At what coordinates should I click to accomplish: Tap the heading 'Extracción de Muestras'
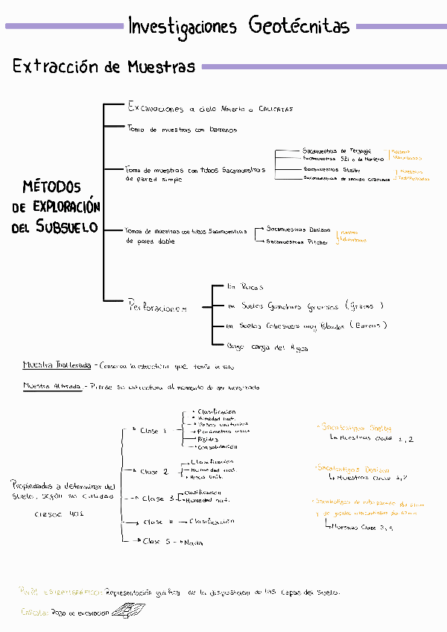point(104,67)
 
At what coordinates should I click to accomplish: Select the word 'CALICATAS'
point(276,109)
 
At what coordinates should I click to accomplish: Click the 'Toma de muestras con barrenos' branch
point(183,130)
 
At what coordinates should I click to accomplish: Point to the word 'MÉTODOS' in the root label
point(52,187)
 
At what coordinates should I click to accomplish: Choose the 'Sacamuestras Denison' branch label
point(298,229)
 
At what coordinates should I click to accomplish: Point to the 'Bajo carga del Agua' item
point(267,347)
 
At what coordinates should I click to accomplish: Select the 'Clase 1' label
point(155,431)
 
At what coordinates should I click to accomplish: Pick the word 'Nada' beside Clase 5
point(193,543)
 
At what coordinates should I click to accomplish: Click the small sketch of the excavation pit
point(132,610)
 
